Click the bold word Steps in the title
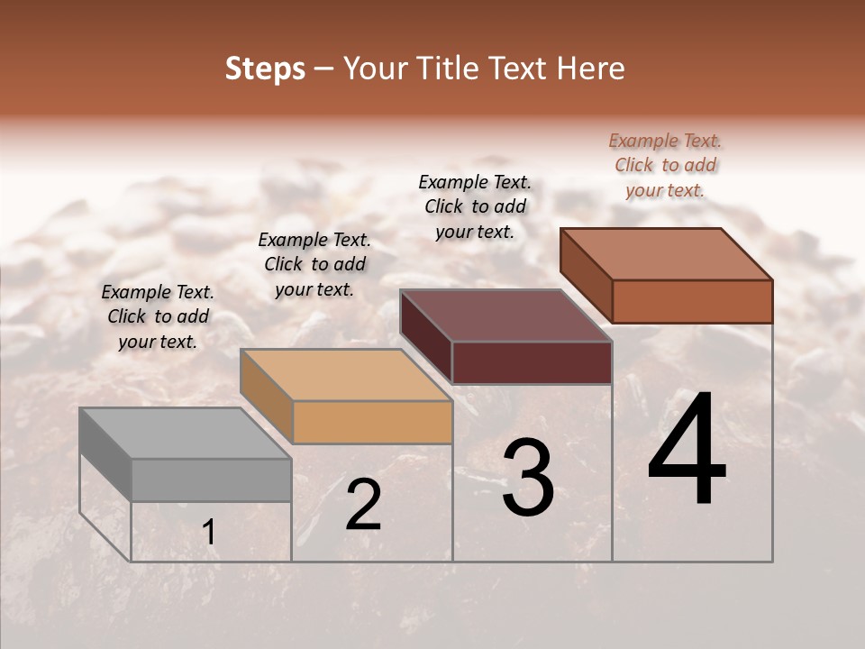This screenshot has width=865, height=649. click(x=265, y=69)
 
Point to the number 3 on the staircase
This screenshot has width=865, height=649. click(x=528, y=478)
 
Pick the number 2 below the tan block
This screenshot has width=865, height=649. click(x=363, y=505)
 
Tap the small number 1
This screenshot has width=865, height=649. click(x=208, y=533)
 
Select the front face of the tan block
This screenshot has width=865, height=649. click(x=372, y=422)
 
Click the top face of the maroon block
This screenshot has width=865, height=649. click(x=505, y=316)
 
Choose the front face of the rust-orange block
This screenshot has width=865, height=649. click(x=692, y=301)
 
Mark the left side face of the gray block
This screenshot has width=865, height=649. click(x=105, y=454)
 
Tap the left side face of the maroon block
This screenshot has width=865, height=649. click(x=426, y=337)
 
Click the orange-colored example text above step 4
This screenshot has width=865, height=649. click(x=665, y=165)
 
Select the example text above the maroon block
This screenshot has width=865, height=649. click(x=475, y=206)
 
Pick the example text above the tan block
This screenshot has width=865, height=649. click(x=314, y=264)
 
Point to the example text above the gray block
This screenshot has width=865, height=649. click(x=158, y=316)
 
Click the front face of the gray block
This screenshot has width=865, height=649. click(x=211, y=480)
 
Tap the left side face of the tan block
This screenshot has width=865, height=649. click(x=267, y=395)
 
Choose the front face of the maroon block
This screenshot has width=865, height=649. click(x=532, y=362)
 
